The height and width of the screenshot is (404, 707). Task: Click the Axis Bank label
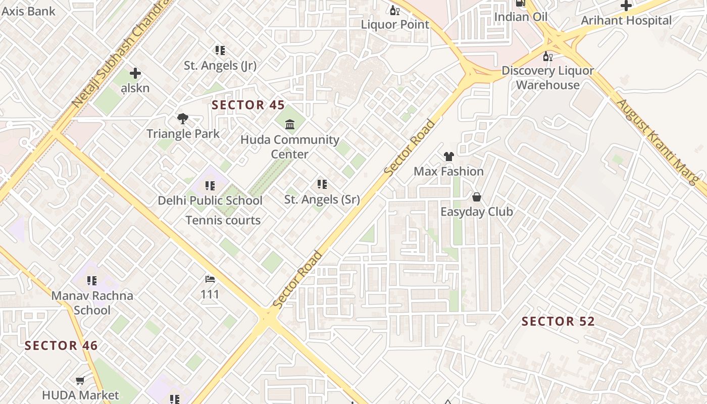coord(28,10)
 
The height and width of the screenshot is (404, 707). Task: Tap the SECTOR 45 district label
coord(248,105)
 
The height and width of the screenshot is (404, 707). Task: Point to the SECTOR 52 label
coord(558,321)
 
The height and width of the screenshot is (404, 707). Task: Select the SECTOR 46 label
coord(61,345)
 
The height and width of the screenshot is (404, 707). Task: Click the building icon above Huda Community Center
coord(290,124)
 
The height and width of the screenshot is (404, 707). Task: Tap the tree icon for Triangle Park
coord(183,119)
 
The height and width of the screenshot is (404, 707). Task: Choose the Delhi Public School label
coord(210,200)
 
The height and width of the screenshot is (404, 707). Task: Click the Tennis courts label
coord(223,220)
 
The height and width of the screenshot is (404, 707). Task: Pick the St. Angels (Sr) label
coord(322,199)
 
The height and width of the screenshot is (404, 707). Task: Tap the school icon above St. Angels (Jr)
coord(220,50)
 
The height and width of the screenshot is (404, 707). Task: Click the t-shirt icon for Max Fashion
coord(448,157)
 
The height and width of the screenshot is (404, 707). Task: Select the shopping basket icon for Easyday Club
coord(476,197)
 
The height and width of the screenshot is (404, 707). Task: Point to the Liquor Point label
coord(395,24)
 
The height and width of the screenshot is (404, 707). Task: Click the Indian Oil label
coord(521,17)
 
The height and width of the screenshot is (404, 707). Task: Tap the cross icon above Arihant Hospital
coord(626,6)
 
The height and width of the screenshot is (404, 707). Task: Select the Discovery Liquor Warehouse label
coord(547,77)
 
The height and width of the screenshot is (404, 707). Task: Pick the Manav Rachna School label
coord(92,302)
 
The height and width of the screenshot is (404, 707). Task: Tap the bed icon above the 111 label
coord(210,279)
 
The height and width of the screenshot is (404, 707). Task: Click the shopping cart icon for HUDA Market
coord(80,380)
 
